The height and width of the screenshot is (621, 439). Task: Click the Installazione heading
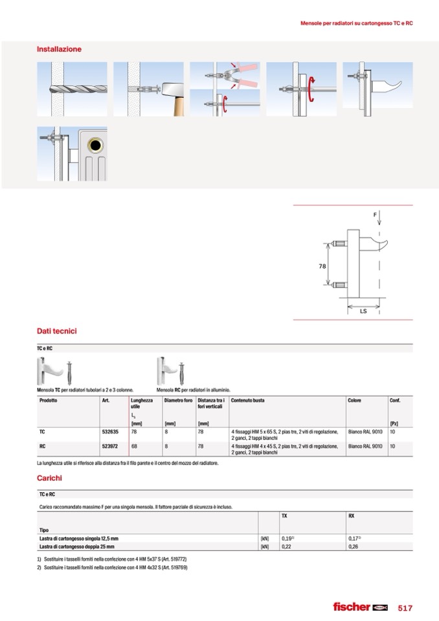59,49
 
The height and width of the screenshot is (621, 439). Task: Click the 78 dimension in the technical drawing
322,266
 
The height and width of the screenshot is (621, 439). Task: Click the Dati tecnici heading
56,331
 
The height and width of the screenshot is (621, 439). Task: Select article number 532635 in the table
109,431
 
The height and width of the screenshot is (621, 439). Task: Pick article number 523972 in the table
109,446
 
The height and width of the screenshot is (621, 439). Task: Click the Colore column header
354,401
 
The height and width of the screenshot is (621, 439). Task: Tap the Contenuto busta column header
247,401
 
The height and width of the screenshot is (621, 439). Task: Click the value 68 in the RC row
134,446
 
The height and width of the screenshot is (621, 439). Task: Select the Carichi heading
49,478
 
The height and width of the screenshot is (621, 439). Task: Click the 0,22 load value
287,547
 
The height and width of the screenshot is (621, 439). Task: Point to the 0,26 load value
354,547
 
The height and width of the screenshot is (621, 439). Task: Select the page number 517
405,607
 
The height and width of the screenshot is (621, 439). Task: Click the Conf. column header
395,401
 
